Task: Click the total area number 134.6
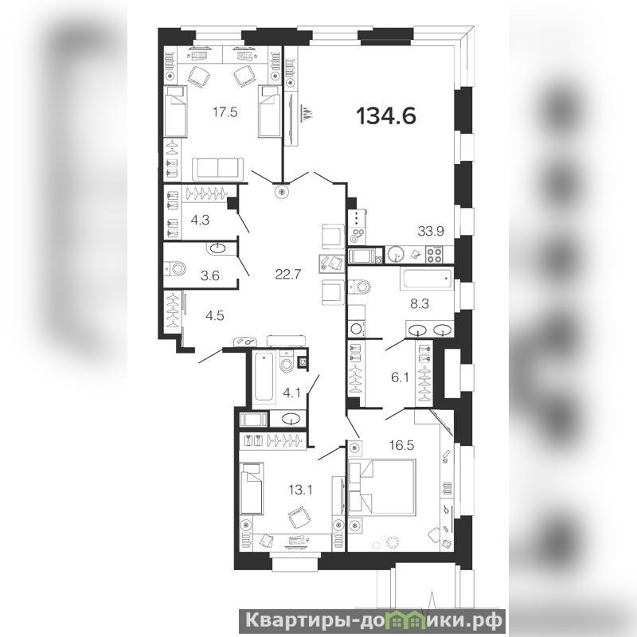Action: [386, 116]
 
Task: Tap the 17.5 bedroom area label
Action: [225, 112]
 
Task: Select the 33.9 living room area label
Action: [431, 232]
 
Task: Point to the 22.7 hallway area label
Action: [288, 275]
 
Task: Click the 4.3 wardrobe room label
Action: [200, 220]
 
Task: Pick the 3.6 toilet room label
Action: [210, 276]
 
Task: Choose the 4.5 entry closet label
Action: [214, 315]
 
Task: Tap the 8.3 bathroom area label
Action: [420, 303]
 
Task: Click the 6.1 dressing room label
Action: [400, 377]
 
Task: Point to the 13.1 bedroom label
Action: [300, 490]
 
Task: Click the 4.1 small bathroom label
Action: [291, 393]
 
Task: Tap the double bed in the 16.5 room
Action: [382, 487]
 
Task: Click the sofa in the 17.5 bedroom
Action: [217, 168]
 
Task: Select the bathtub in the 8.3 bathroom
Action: [426, 278]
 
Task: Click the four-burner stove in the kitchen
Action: [433, 255]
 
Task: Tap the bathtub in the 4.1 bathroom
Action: [264, 377]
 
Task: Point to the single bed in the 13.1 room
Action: [252, 488]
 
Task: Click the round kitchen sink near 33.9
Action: [395, 255]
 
